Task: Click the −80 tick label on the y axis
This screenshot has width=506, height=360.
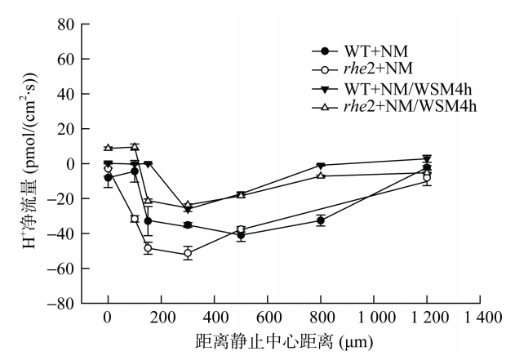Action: tap(60, 304)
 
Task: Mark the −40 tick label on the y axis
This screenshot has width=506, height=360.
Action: tap(60, 233)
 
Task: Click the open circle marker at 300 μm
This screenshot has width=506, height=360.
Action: tap(188, 254)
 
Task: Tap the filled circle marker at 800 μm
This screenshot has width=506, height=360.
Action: tap(321, 220)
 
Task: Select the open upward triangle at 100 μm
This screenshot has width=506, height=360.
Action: tap(135, 147)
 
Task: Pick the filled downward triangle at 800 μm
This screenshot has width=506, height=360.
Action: tap(321, 166)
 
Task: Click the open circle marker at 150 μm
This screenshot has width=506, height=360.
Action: tap(148, 248)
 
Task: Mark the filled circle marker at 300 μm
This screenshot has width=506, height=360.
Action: tap(188, 225)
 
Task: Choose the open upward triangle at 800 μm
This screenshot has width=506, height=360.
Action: tap(321, 176)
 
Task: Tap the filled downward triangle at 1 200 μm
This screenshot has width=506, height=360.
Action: tap(427, 159)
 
